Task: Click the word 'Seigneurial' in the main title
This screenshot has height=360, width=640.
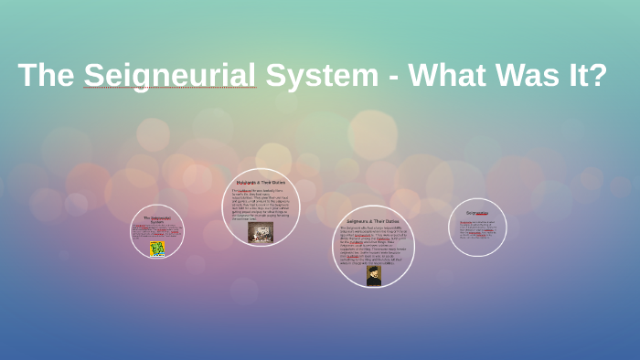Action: click(x=169, y=75)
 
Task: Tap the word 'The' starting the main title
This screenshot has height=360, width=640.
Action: click(x=46, y=75)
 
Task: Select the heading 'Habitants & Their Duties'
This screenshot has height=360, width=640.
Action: click(x=261, y=182)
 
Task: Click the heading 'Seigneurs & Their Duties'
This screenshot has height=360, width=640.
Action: click(x=373, y=221)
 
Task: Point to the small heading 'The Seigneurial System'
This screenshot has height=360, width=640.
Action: click(x=156, y=219)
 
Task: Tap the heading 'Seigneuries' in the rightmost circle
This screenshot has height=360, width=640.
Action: click(x=477, y=213)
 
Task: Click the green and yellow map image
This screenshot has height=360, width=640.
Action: click(x=157, y=248)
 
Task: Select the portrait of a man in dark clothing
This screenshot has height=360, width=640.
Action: click(x=373, y=275)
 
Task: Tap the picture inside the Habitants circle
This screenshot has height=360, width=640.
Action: click(x=261, y=231)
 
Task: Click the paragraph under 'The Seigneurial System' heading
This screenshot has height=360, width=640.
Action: click(x=156, y=231)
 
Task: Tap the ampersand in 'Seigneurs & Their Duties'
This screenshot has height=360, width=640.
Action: click(x=372, y=221)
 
